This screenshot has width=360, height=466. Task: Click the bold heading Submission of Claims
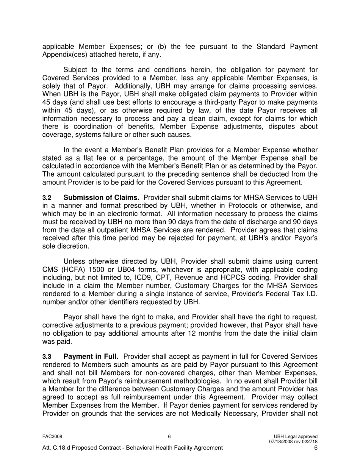(x=102, y=197)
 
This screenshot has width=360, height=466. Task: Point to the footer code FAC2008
(x=52, y=436)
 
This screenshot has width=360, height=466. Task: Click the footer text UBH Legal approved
(x=295, y=436)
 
